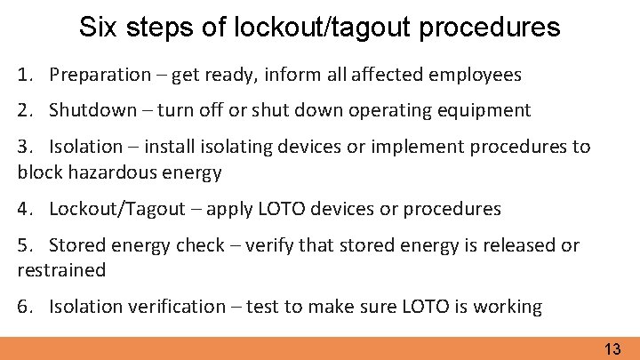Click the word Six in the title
tap(97, 27)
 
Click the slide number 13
tap(612, 349)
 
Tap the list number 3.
tap(22, 147)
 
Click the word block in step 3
tap(38, 172)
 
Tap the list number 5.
tap(22, 244)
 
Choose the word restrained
tap(61, 270)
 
